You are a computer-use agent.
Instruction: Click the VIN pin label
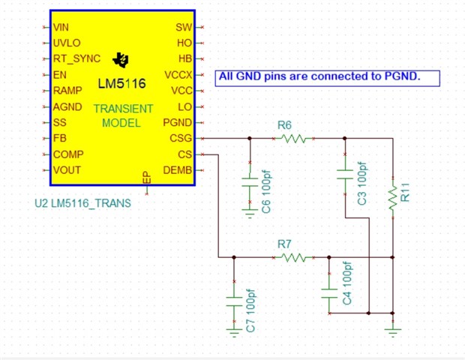pos(61,27)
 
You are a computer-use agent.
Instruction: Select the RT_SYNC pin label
pos(76,58)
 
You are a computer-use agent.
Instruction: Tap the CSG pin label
pos(181,138)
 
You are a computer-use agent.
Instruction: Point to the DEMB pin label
pos(177,170)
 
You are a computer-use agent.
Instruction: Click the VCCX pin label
pos(178,75)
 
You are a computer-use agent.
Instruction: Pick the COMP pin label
pos(68,154)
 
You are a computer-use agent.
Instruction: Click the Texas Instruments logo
pos(121,60)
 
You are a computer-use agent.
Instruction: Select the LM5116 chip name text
pos(121,83)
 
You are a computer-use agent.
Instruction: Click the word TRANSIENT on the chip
pos(123,109)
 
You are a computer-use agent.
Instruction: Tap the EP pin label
pos(147,177)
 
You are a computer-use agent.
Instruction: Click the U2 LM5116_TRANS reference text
pos(82,203)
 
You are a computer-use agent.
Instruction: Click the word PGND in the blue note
pos(403,76)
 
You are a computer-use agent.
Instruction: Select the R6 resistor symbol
pos(293,139)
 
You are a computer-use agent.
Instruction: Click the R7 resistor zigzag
pos(293,257)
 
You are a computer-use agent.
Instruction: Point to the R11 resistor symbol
pos(393,198)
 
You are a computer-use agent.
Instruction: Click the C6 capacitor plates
pos(250,182)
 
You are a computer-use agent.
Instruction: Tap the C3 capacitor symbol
pos(345,175)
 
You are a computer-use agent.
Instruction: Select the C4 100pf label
pos(346,283)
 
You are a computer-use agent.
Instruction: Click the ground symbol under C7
pos(234,333)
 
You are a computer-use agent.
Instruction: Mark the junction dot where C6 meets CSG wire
pos(250,138)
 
